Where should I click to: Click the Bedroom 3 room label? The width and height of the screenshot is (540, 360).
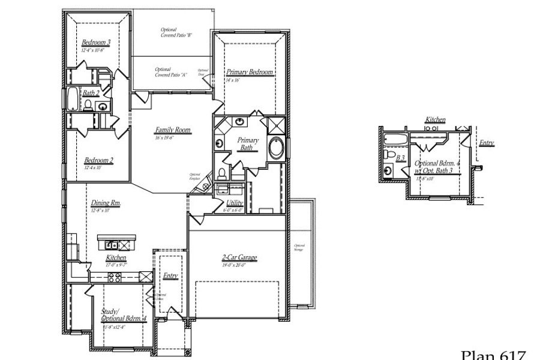point(96,43)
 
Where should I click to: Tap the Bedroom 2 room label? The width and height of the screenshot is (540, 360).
point(98,160)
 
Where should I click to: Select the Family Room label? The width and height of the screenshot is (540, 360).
point(172,130)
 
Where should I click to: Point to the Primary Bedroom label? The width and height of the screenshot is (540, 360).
point(250,72)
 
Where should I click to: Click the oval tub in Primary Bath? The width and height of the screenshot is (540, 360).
point(277,148)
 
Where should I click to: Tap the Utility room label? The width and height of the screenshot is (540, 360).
point(235,203)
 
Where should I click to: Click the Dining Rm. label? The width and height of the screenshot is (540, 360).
point(106,203)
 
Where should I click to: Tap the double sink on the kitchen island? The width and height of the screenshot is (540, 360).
point(112,245)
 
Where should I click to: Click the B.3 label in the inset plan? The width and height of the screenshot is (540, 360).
point(400,158)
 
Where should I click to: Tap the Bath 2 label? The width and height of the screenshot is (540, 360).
point(91,93)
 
